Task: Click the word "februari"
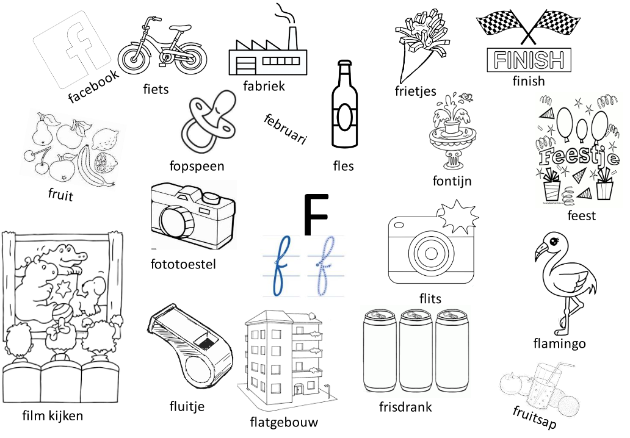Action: [285, 128]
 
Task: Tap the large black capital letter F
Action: [316, 215]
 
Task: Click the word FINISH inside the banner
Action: [529, 60]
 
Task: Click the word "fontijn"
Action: [452, 181]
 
